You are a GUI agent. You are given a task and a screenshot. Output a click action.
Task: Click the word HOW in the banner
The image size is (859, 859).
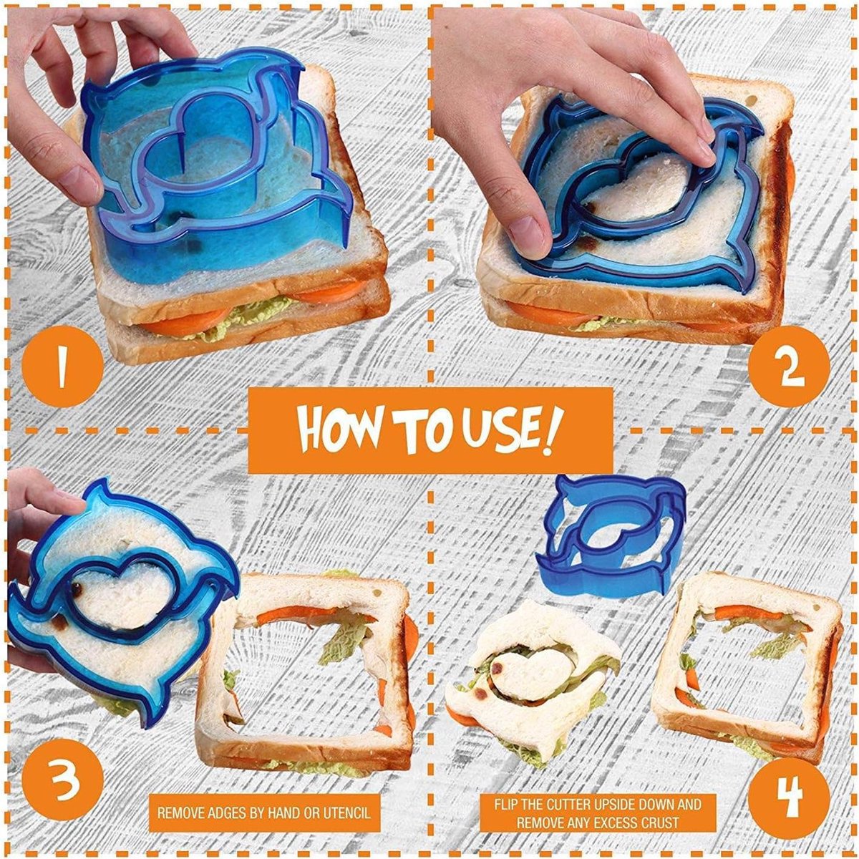click(337, 430)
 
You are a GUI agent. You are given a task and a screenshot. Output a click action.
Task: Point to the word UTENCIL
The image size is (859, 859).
click(344, 813)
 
